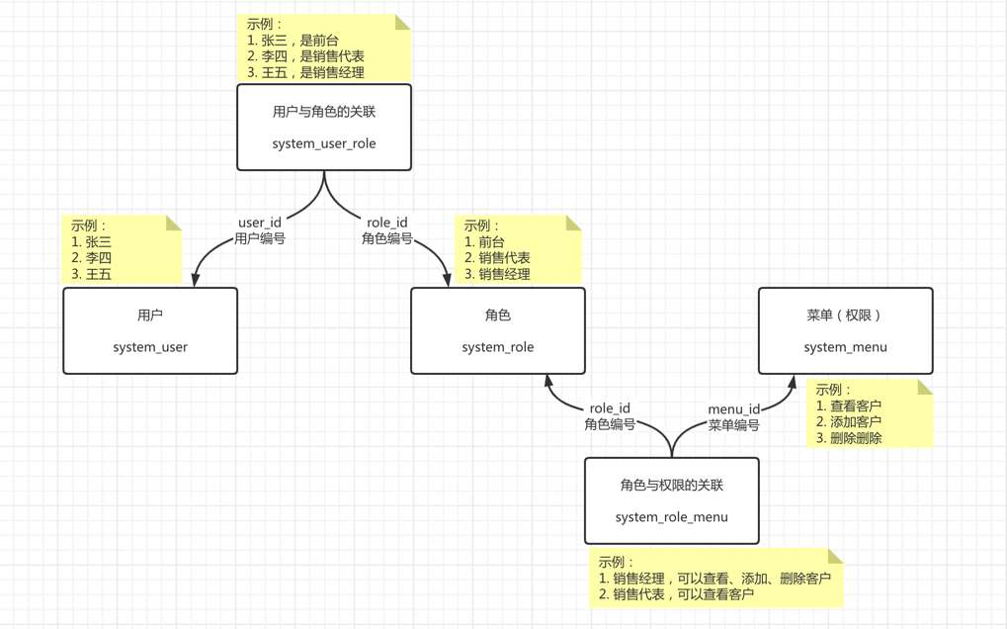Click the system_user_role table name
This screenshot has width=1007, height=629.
(x=324, y=143)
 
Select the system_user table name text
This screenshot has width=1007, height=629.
(x=150, y=347)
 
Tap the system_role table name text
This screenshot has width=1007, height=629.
(x=498, y=347)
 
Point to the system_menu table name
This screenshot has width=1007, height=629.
(x=845, y=347)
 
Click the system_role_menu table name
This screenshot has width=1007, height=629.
(x=672, y=517)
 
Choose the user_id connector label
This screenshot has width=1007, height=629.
(x=260, y=223)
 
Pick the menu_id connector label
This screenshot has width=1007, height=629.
(x=734, y=409)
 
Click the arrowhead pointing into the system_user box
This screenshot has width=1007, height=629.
(x=196, y=280)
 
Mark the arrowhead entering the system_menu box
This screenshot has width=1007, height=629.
(x=793, y=382)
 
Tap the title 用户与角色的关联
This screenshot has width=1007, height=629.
(x=324, y=112)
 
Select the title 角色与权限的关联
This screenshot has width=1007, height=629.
(x=672, y=486)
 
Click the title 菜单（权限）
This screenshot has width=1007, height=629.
(x=845, y=315)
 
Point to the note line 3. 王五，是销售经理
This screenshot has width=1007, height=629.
(x=306, y=72)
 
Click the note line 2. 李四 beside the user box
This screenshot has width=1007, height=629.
(x=92, y=258)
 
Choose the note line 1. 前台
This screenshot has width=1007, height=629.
(x=485, y=242)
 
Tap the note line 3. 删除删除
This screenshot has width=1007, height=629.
(x=850, y=438)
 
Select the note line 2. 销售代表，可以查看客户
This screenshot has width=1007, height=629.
(x=677, y=594)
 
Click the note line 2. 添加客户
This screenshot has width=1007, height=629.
(x=850, y=422)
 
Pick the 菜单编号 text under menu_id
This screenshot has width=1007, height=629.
(x=734, y=425)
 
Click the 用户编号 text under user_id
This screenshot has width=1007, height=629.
(x=260, y=238)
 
